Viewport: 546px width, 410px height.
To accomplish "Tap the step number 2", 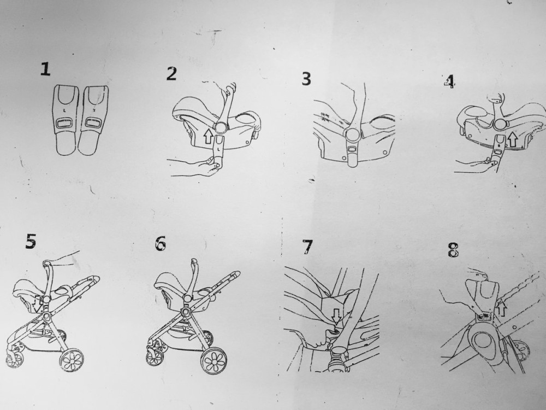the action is click(x=171, y=74).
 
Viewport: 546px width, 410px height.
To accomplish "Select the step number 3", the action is click(x=306, y=79).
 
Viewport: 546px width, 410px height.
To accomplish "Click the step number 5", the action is click(x=31, y=241).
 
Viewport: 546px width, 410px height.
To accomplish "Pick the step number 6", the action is click(x=160, y=243).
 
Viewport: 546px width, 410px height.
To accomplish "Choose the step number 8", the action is click(x=453, y=250).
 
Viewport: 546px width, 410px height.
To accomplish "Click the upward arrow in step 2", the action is click(x=208, y=136).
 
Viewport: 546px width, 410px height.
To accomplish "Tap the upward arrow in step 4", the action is click(x=512, y=139).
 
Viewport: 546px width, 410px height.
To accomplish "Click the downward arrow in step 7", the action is click(x=336, y=316).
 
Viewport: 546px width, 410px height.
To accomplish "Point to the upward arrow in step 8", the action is click(x=502, y=308).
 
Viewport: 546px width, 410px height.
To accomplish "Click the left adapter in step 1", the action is click(x=66, y=120).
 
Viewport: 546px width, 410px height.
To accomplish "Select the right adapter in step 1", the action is click(x=93, y=120).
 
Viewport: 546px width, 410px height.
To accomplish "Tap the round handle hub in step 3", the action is click(x=352, y=135).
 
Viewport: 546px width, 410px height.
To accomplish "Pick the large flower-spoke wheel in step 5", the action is click(x=72, y=359).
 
